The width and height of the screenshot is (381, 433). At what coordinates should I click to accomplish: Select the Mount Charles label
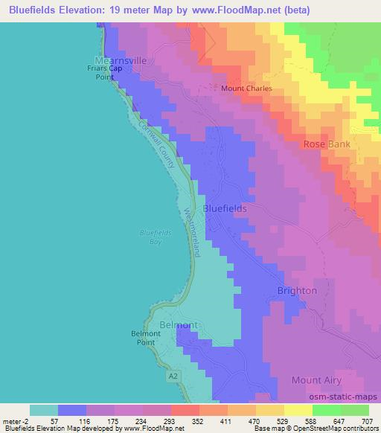tap(247, 88)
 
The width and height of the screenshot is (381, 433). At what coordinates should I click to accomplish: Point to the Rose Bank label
tap(325, 144)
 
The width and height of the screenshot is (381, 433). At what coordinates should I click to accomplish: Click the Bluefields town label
tap(225, 209)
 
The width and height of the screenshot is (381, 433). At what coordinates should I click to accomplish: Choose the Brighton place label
tap(297, 290)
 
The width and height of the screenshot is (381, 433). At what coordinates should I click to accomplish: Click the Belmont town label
tap(179, 325)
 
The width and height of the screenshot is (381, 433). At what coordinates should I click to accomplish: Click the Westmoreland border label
tap(192, 231)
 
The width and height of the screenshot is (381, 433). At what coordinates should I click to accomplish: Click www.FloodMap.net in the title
tap(231, 10)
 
